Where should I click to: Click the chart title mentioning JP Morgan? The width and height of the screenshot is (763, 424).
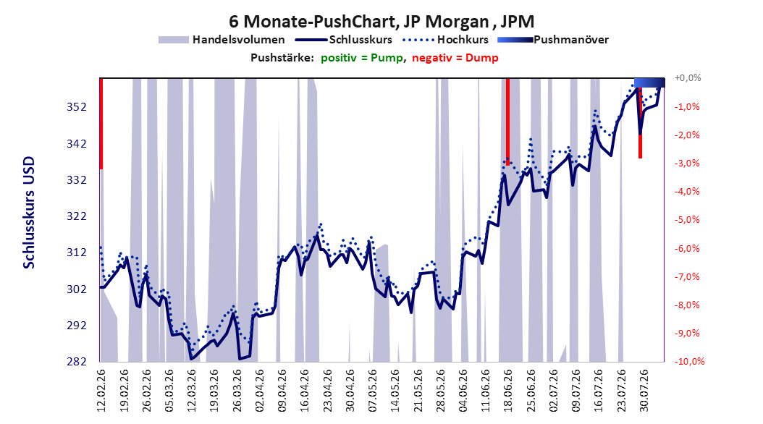tap(381, 22)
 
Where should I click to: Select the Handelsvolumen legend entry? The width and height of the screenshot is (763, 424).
tap(222, 40)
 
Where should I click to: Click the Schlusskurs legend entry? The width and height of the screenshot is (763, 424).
tap(344, 40)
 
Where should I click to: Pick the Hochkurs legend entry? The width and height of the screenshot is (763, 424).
tap(445, 40)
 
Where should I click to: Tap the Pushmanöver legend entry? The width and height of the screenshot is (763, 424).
tap(553, 40)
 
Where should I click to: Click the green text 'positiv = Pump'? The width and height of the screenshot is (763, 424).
tap(362, 58)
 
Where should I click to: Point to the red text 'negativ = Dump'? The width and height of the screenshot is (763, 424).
tap(455, 58)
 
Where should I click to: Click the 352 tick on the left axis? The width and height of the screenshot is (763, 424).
tap(77, 107)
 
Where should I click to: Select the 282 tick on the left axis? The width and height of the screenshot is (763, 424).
tap(77, 361)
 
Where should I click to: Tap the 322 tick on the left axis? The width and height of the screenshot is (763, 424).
tap(77, 216)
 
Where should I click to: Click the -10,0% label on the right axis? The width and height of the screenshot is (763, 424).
tap(689, 361)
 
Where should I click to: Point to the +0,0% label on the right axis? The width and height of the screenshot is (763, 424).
tap(688, 78)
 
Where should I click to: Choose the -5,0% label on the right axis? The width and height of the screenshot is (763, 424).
tap(687, 220)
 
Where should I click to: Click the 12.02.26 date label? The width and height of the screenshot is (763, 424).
tap(101, 391)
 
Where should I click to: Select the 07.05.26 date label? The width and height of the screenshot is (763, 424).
tap(372, 391)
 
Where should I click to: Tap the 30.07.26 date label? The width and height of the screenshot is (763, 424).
tap(644, 391)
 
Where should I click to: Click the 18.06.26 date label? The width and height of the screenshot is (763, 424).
tap(507, 391)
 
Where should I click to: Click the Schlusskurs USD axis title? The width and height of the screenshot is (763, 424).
tap(29, 213)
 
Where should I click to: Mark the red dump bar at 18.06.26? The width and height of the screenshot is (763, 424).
tap(507, 122)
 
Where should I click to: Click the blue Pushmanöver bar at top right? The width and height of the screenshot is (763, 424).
tap(649, 82)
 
